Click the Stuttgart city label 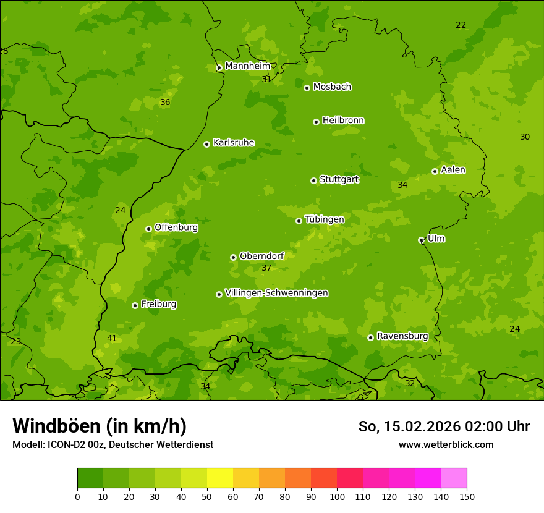pos(339,179)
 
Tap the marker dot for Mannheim pos(219,68)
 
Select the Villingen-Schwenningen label pos(276,293)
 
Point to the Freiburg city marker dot pos(135,305)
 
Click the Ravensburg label pos(402,336)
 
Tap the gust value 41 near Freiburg pos(112,338)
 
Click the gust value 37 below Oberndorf pos(266,268)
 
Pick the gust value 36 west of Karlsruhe pos(165,102)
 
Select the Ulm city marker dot pos(421,240)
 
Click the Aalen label pos(453,170)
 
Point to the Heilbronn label pos(343,121)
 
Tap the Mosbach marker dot pos(307,88)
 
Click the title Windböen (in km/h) pos(100,426)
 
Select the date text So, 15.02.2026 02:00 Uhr pos(444,426)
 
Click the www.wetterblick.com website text pos(446,444)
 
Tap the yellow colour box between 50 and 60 pos(220,478)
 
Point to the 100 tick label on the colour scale pos(337,496)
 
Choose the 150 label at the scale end pos(466,496)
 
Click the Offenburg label pos(176,227)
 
